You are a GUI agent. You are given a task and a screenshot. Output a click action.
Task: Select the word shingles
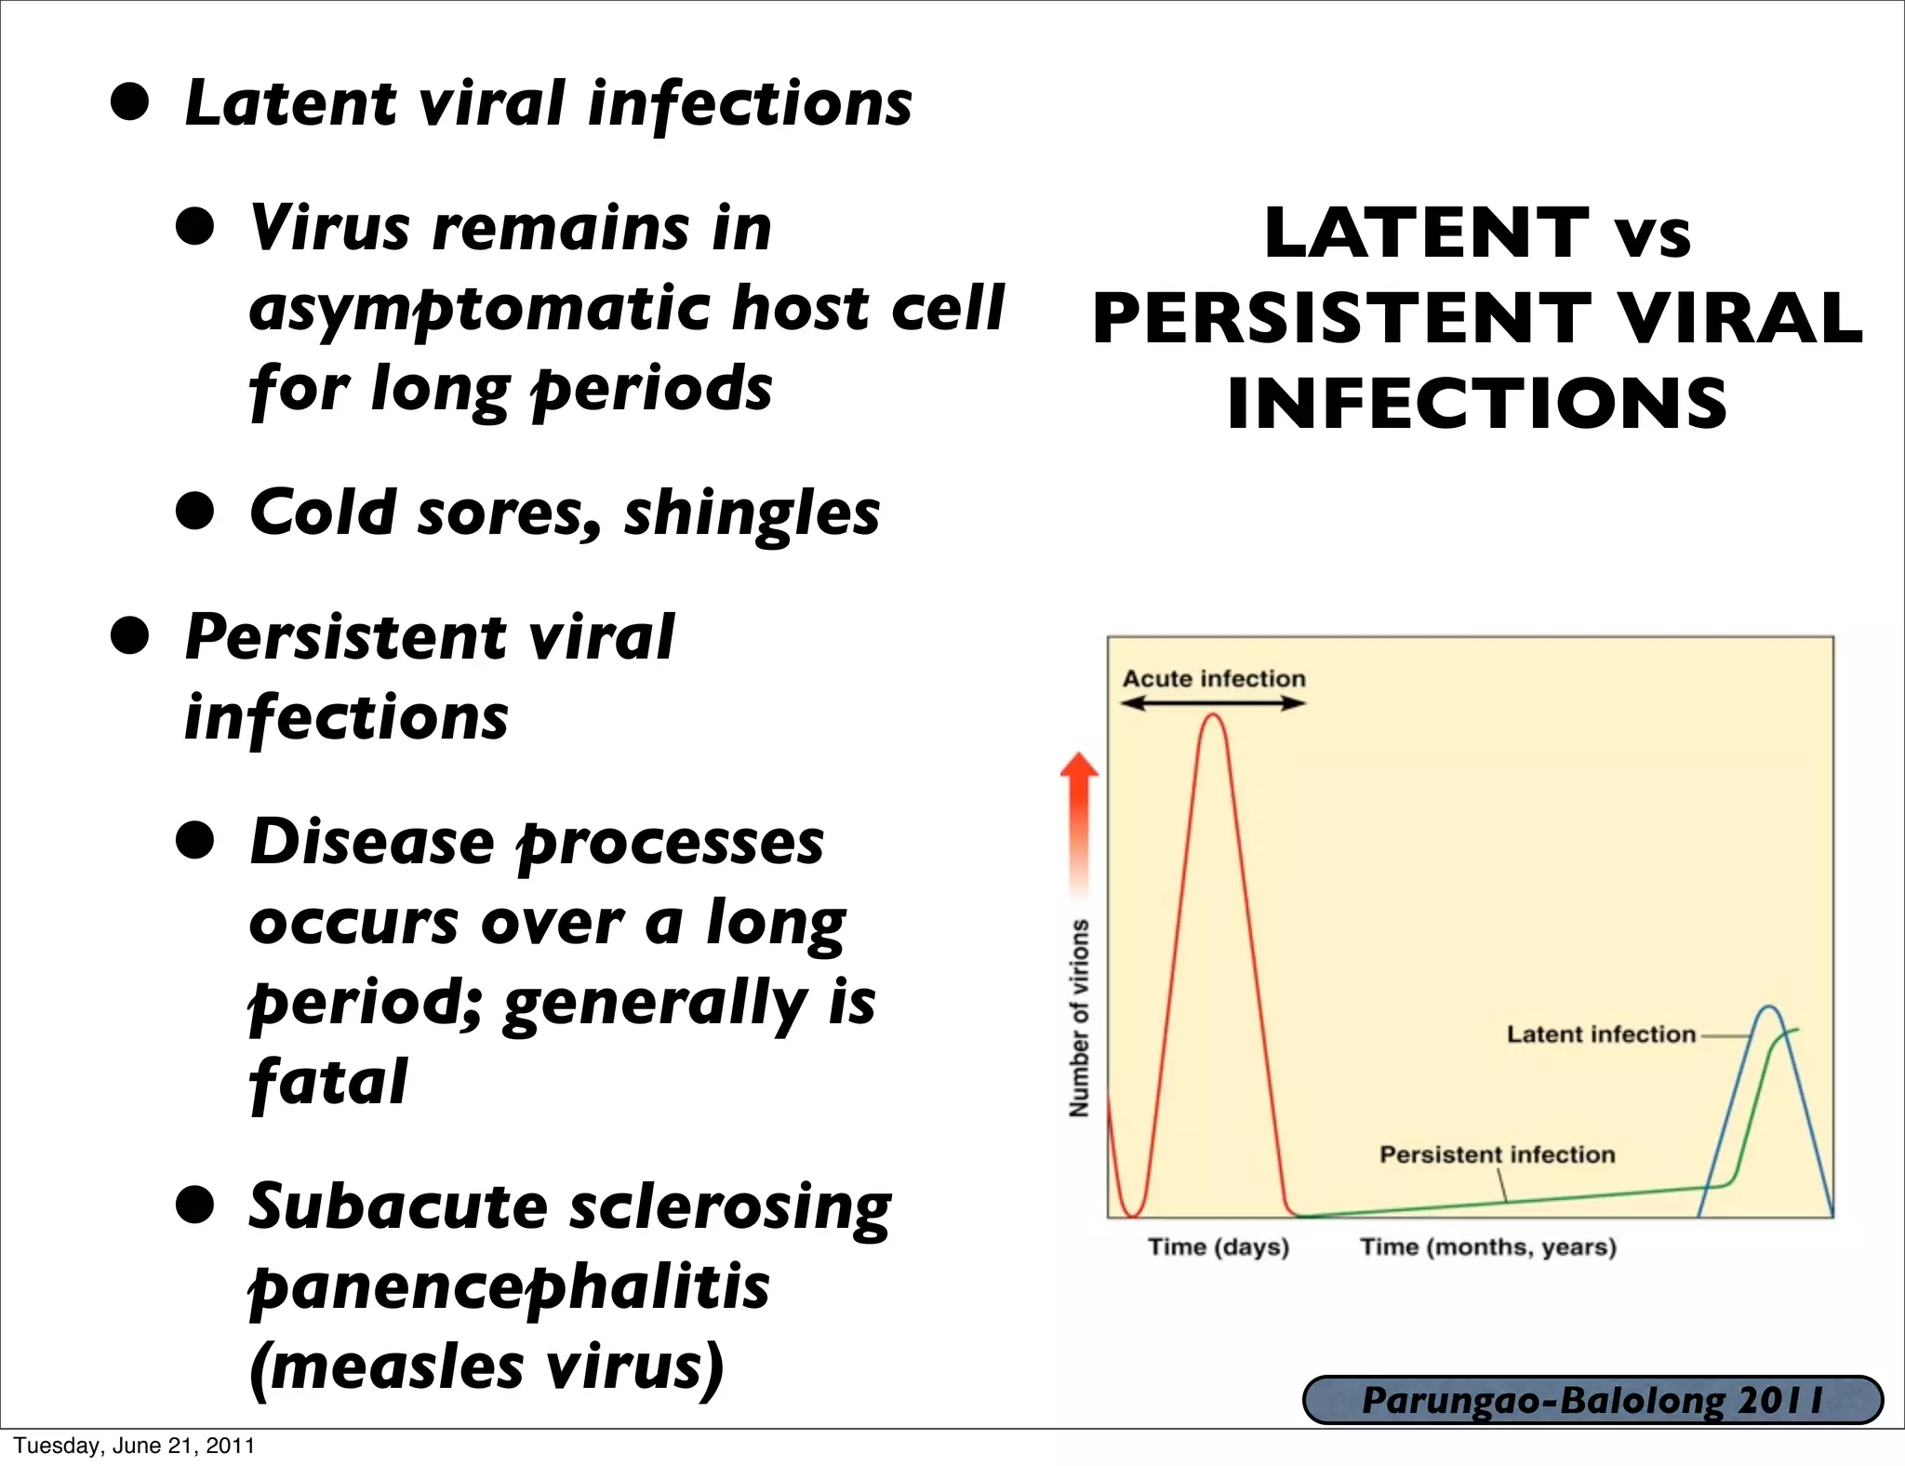point(751,513)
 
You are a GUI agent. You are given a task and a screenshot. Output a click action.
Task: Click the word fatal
point(327,1082)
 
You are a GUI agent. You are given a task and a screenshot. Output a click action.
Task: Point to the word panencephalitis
point(509,1287)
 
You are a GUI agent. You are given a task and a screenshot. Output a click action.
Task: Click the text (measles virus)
point(486,1367)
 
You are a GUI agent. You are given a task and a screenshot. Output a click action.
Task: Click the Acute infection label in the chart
point(1213,678)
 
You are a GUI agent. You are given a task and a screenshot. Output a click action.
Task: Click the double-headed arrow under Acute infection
point(1213,703)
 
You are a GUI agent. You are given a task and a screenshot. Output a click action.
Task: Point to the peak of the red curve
point(1213,715)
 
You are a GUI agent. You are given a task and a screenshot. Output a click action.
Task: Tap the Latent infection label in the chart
point(1601,1034)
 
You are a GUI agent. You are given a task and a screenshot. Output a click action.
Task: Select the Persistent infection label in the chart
point(1497,1154)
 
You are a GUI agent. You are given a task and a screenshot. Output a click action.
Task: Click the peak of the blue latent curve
point(1769,1007)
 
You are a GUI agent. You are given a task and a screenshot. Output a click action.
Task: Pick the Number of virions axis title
point(1079,1018)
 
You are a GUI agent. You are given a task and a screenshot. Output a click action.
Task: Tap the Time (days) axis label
point(1219,1246)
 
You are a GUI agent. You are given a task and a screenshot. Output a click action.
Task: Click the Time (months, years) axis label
point(1488,1246)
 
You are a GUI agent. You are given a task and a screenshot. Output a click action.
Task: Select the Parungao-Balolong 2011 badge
point(1592,1400)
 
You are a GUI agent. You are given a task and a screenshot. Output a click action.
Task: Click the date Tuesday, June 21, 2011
point(134,1446)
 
